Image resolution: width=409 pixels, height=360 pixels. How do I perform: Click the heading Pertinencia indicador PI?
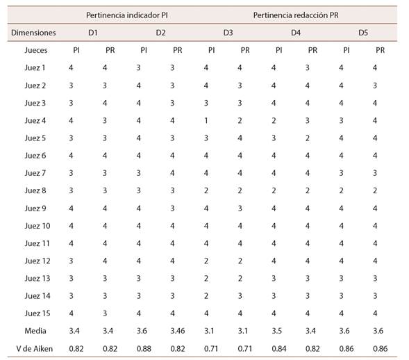coord(127,15)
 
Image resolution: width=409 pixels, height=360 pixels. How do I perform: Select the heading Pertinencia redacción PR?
coord(296,15)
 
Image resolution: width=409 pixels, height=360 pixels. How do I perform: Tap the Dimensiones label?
coord(33,33)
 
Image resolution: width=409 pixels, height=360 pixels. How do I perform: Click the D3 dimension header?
coord(228,33)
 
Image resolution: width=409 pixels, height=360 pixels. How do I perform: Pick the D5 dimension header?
coord(363,33)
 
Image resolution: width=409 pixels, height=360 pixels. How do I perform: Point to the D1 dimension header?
coord(93,33)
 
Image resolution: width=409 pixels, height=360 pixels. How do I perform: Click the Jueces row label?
coord(36,50)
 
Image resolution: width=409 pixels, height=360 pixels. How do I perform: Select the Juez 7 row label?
coord(35,173)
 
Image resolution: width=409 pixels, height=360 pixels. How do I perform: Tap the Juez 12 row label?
coord(37,261)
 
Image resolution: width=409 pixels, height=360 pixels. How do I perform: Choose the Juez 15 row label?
coord(37,313)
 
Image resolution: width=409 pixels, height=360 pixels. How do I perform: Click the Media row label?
coord(35,331)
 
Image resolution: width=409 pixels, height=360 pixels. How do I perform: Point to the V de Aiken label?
coord(35,348)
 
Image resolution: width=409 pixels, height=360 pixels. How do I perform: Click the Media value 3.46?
coord(178,331)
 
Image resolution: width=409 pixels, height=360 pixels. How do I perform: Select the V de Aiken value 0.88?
coord(144,348)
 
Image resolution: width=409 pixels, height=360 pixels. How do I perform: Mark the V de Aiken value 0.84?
coord(279,348)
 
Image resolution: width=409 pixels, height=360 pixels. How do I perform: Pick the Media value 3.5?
coord(277,331)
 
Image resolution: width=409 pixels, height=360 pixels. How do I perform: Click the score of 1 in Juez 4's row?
coord(206,120)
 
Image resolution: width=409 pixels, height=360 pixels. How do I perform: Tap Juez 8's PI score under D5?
coord(341,190)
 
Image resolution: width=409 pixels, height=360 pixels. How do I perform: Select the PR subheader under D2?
coord(178,50)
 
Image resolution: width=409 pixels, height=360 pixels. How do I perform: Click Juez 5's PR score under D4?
coord(308,138)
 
